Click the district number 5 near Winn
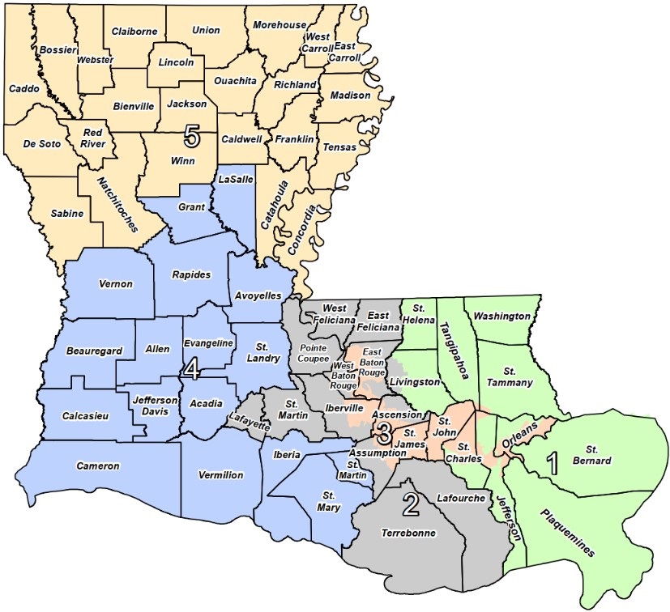click(191, 135)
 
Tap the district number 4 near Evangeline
click(192, 369)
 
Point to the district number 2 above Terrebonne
click(411, 505)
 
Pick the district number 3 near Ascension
click(385, 431)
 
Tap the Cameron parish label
click(98, 465)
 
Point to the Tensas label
click(339, 148)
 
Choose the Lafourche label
click(460, 498)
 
